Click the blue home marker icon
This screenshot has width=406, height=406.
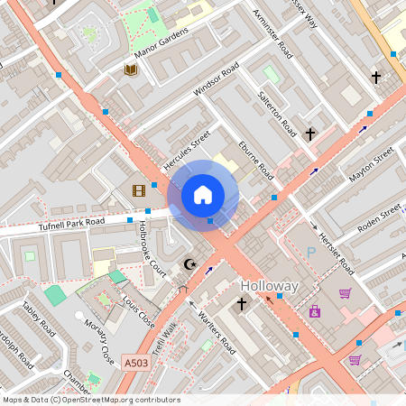coord(203,194)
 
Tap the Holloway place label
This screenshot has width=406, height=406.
coord(269,286)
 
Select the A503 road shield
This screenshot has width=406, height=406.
coord(134,362)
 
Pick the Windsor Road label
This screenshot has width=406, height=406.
coord(217,80)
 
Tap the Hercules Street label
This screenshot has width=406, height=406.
coord(186,150)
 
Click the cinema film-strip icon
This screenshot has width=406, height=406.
coord(138,190)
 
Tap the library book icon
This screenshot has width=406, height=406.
coord(131,69)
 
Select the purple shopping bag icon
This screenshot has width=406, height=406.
coord(345,293)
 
